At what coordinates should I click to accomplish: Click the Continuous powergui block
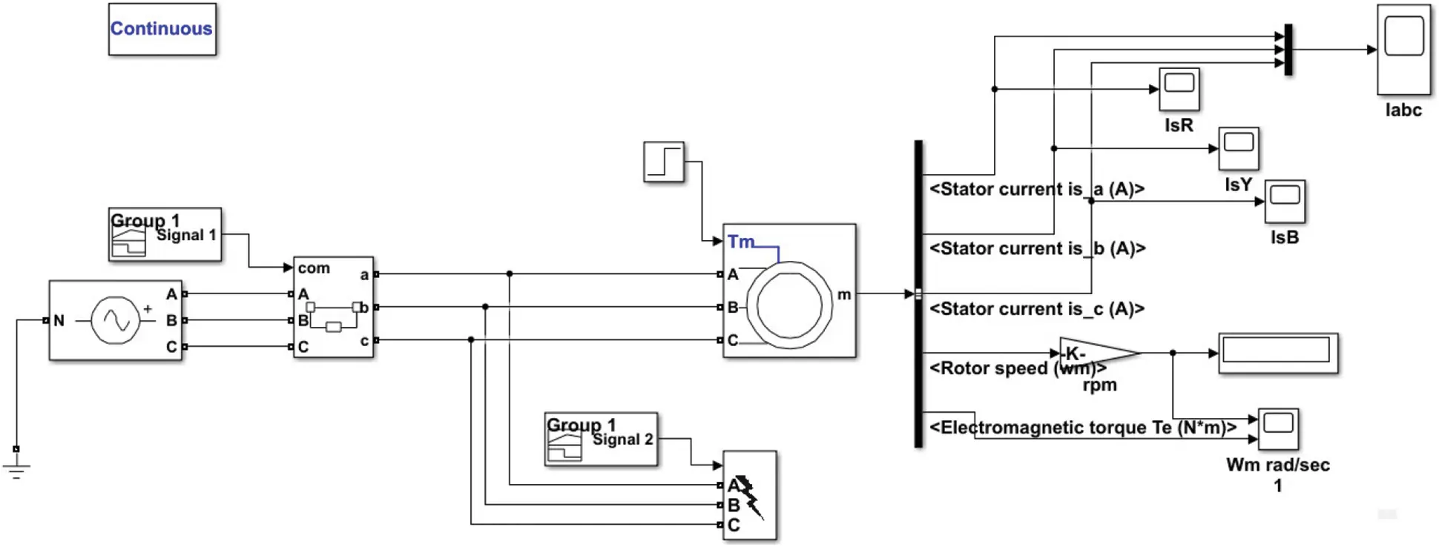point(162,29)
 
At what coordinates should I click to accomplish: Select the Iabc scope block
point(1403,50)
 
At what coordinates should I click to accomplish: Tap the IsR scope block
point(1179,89)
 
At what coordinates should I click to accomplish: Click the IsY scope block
point(1238,148)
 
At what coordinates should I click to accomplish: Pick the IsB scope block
point(1285,201)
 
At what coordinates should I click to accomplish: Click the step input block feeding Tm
point(663,162)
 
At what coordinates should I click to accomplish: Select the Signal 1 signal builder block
point(165,234)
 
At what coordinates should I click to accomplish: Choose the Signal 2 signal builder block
point(601,439)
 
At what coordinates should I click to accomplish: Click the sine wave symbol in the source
point(116,320)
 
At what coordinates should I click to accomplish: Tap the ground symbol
point(16,468)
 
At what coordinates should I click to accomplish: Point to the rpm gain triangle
point(1094,354)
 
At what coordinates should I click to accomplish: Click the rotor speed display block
point(1277,354)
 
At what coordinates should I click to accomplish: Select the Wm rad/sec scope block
point(1277,428)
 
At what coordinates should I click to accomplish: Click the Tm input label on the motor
point(740,242)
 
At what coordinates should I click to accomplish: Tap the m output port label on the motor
point(844,294)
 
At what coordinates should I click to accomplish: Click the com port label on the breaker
point(314,268)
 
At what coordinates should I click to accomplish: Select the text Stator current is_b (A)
point(1037,248)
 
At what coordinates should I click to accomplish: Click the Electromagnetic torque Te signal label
point(1083,428)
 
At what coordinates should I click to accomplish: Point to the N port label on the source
point(59,320)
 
